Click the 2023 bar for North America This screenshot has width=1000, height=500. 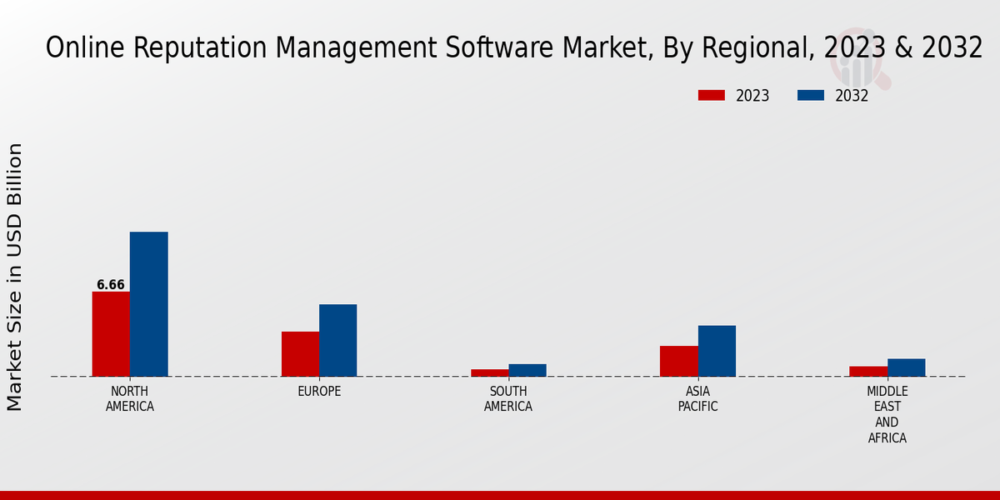point(111,334)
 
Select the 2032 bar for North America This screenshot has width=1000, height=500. point(149,304)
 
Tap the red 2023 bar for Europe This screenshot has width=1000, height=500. point(300,354)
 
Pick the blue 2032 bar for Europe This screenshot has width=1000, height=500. point(338,340)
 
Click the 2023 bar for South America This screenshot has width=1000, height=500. point(489,372)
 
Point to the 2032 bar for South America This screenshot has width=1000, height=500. point(527,370)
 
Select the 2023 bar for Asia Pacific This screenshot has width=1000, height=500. point(678,361)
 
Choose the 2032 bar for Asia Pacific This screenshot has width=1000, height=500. point(717,351)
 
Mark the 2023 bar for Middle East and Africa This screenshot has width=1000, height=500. point(868,371)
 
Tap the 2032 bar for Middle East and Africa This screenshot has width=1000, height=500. point(907,367)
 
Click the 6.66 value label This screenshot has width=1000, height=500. point(110,285)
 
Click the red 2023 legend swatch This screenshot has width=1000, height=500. point(711,96)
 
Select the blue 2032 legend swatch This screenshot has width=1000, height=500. point(810,96)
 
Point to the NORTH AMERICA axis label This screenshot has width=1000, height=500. point(130,399)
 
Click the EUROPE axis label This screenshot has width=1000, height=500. point(319,392)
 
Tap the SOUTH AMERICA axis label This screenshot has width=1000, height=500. point(508,399)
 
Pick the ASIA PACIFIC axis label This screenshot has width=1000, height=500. point(697,399)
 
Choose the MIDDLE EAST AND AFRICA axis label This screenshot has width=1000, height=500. point(887,414)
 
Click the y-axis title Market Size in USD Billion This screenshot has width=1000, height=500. point(15,277)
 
